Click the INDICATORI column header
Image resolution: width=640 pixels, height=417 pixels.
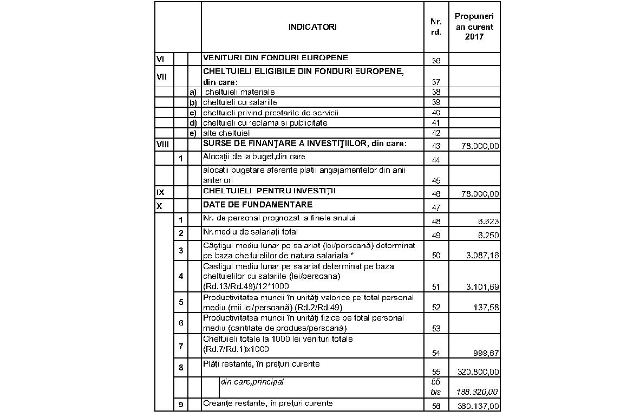[312, 27]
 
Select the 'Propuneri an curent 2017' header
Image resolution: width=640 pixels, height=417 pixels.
[474, 27]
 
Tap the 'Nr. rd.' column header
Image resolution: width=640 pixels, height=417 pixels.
[436, 27]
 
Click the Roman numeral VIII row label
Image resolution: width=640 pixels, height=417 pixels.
[162, 145]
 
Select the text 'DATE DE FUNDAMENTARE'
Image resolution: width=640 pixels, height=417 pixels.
[257, 205]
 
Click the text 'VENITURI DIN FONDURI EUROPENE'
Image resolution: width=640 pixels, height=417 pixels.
[275, 57]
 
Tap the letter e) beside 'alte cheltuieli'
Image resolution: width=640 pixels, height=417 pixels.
[192, 133]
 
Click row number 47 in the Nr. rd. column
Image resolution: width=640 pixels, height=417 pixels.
[436, 207]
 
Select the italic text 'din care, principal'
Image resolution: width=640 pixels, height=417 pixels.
[252, 382]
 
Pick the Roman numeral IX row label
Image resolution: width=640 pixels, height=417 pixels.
[160, 191]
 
